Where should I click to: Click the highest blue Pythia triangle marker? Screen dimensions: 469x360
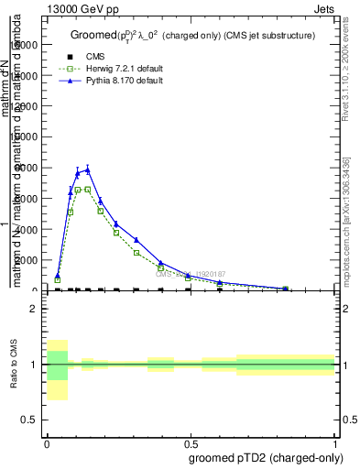88,169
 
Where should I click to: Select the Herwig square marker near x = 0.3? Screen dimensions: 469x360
136,253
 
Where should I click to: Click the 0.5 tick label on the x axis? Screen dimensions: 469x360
191,442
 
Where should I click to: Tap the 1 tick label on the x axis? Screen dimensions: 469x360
335,442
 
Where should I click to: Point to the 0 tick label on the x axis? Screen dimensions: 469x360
46,442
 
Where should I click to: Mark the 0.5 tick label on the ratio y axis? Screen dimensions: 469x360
29,420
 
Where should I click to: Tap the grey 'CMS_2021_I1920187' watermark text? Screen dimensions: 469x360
190,273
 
